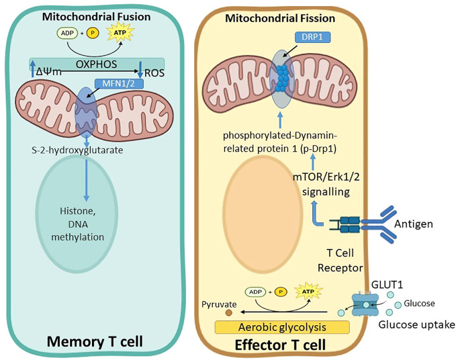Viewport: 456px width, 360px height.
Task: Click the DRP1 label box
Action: (x=312, y=37)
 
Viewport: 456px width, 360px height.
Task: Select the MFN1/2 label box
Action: (x=119, y=84)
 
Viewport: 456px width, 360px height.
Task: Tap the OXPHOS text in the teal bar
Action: (x=96, y=64)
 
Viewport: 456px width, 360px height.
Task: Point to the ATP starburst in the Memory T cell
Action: (x=120, y=33)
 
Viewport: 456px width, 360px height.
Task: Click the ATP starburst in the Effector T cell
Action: (x=308, y=291)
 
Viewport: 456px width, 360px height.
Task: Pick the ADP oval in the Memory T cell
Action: (x=67, y=33)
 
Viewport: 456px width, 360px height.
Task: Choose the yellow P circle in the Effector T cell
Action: (x=281, y=291)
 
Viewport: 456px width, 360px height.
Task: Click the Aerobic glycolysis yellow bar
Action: (x=282, y=327)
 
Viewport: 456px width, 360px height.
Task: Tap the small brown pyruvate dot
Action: (x=229, y=313)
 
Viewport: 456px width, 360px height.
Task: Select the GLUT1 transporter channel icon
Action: (x=365, y=304)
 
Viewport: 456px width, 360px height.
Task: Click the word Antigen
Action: (x=414, y=224)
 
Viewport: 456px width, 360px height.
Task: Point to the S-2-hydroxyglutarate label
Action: (x=77, y=150)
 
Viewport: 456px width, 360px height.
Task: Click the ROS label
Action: (x=154, y=73)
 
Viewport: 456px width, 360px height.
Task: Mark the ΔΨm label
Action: (x=49, y=71)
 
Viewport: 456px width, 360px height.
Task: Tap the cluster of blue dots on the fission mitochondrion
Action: (x=281, y=78)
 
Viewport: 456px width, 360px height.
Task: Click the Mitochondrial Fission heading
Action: (x=280, y=18)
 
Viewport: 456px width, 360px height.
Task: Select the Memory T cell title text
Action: (x=95, y=341)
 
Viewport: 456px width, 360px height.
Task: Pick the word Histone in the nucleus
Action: (x=78, y=211)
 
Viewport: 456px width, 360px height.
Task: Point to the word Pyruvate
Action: (x=219, y=304)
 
